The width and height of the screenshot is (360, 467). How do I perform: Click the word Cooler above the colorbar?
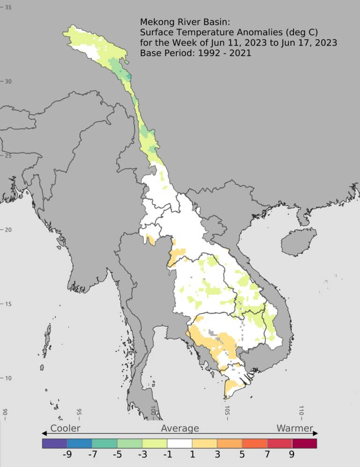click(x=65, y=428)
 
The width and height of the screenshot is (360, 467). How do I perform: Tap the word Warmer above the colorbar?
click(x=294, y=428)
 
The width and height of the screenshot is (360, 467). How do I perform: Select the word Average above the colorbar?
click(x=180, y=428)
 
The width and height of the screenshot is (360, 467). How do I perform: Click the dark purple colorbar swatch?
click(x=54, y=443)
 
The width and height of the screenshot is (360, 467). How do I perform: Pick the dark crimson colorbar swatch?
click(x=304, y=443)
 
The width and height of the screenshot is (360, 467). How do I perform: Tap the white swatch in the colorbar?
click(x=180, y=443)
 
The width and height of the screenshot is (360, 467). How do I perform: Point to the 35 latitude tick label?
click(x=8, y=8)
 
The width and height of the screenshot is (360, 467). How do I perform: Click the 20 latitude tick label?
click(x=8, y=230)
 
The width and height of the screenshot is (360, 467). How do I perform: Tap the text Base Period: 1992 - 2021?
click(x=195, y=53)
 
